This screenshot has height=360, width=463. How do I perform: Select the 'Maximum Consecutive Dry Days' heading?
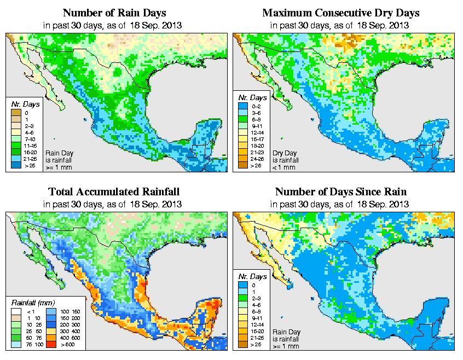340,13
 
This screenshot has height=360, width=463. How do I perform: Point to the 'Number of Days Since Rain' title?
340,191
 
